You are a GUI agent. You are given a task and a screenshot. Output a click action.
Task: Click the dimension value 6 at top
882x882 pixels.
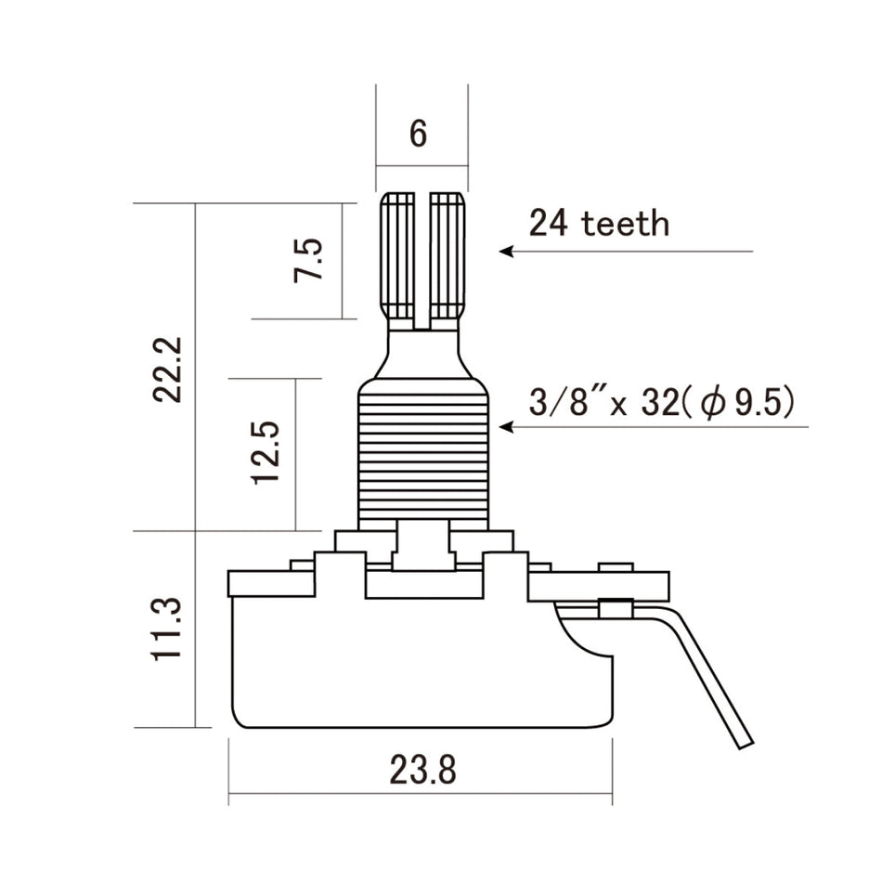click(419, 134)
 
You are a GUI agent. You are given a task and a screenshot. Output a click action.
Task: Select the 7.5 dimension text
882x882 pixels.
click(310, 261)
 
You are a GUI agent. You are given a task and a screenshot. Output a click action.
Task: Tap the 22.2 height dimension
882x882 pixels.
click(170, 369)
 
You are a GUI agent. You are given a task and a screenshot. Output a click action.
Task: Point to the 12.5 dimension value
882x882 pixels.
click(266, 452)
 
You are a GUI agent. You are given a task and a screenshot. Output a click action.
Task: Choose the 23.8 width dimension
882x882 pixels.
click(422, 770)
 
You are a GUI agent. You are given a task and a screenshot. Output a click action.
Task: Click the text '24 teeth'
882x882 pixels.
click(599, 224)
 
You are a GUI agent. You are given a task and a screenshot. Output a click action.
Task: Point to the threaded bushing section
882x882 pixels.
click(422, 455)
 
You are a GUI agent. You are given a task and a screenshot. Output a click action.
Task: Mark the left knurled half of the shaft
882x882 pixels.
click(399, 255)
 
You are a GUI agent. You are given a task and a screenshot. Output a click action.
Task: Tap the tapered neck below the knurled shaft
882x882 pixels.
click(422, 353)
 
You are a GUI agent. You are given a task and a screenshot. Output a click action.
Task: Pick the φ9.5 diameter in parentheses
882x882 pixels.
click(743, 404)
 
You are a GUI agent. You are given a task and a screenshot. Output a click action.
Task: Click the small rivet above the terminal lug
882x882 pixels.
click(616, 566)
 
